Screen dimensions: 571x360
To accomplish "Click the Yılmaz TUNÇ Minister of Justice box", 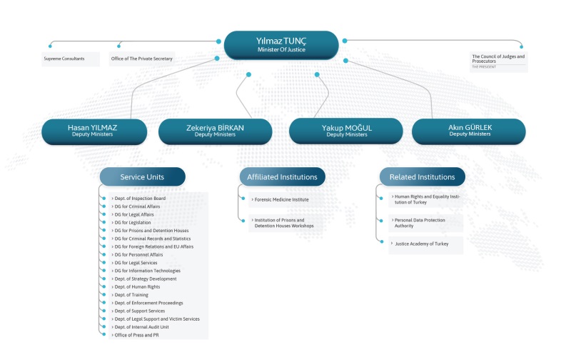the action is click(281, 45).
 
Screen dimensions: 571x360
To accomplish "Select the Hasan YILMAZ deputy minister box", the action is click(94, 131).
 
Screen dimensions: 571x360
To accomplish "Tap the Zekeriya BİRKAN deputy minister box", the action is click(216, 131).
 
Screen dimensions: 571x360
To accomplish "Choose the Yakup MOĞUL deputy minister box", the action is click(346, 131).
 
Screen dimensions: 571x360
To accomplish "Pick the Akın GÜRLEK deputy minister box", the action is click(469, 131).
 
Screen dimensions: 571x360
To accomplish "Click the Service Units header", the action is click(142, 176).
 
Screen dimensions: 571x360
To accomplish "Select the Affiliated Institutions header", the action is click(282, 176).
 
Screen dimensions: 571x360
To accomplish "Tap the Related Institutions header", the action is click(422, 176).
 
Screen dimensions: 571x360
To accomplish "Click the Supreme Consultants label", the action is click(64, 59).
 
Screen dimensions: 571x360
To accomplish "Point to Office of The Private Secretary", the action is click(141, 59).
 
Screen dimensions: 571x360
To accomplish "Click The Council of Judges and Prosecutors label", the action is click(498, 59).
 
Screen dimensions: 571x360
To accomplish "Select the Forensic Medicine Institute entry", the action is click(281, 200).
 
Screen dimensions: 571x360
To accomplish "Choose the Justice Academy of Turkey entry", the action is click(421, 244).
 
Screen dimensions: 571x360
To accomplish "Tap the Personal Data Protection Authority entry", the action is click(420, 223).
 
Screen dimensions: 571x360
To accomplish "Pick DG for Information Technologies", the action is click(147, 271).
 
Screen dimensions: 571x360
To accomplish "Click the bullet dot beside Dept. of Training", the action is click(103, 295).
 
